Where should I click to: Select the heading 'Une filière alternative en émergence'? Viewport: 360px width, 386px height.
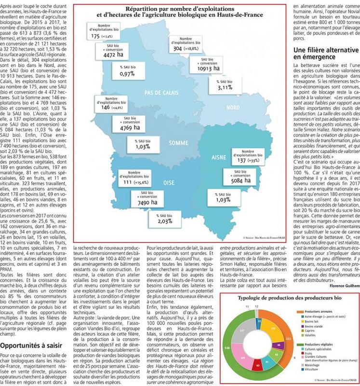[x=326, y=54]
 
